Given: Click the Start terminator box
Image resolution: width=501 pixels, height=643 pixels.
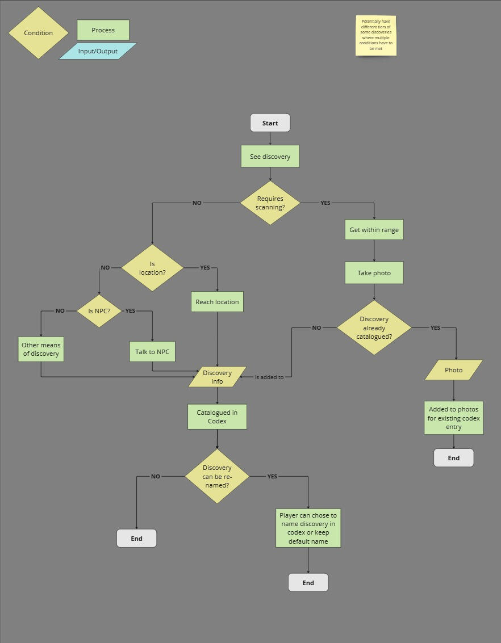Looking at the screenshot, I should pyautogui.click(x=270, y=123).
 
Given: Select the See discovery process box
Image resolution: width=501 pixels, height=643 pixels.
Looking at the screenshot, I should pyautogui.click(x=270, y=157).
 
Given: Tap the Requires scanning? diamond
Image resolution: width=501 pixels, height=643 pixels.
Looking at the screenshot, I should pyautogui.click(x=270, y=203).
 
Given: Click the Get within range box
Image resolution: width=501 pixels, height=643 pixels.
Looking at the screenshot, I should pyautogui.click(x=374, y=230).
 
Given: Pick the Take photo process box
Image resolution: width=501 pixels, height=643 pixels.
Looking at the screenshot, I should pyautogui.click(x=374, y=273).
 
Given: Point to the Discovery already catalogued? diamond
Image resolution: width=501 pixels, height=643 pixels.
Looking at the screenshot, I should pyautogui.click(x=374, y=328).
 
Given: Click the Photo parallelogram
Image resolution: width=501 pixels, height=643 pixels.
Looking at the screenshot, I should pyautogui.click(x=453, y=370).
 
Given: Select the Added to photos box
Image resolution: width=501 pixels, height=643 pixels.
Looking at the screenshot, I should pyautogui.click(x=453, y=418).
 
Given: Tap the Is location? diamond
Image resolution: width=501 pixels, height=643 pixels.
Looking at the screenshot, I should pyautogui.click(x=152, y=268).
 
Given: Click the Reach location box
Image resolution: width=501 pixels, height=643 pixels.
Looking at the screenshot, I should pyautogui.click(x=217, y=302).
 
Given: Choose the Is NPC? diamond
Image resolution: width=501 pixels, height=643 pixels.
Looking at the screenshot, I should pyautogui.click(x=99, y=311).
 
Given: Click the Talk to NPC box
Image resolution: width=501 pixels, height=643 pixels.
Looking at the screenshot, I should pyautogui.click(x=152, y=352).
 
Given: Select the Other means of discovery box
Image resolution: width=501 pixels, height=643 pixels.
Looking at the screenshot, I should pyautogui.click(x=41, y=350).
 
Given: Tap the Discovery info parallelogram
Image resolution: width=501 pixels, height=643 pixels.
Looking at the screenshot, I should pyautogui.click(x=217, y=377).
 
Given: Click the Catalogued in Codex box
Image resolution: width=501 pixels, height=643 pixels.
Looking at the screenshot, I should pyautogui.click(x=217, y=417).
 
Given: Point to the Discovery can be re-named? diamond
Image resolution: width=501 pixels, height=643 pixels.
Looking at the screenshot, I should pyautogui.click(x=217, y=477).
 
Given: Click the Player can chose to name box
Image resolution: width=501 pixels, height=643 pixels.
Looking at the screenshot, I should pyautogui.click(x=308, y=528).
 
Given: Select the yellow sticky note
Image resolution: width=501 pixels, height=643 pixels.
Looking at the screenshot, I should pyautogui.click(x=375, y=36).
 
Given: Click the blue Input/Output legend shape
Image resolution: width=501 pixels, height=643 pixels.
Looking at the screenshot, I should pyautogui.click(x=98, y=51).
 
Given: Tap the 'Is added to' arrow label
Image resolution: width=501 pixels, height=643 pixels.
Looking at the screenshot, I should pyautogui.click(x=269, y=377).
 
